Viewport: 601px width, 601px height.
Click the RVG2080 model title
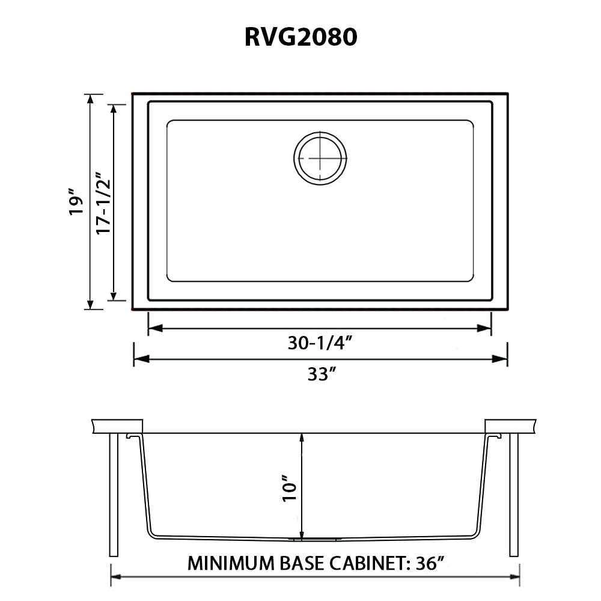pos(301,37)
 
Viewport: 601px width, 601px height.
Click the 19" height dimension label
pos(76,201)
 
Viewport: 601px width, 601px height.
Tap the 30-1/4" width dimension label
pos(320,343)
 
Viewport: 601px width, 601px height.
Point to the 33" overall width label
pos(322,374)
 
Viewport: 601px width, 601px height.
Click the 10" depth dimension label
pos(290,489)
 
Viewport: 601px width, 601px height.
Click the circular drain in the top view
pos(320,158)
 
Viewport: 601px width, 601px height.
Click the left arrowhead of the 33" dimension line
pos(141,359)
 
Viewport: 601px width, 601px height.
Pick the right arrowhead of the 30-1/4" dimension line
pos(484,328)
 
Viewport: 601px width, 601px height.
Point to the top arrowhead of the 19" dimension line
pos(90,99)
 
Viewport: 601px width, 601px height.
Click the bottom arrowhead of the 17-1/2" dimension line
pos(114,296)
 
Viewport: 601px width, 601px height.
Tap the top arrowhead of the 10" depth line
pos(302,438)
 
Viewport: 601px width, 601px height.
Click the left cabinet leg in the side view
pos(114,495)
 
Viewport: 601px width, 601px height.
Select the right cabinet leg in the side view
pos(514,495)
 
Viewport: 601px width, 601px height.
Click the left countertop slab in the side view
pos(117,427)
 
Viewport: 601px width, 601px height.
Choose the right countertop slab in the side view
pos(510,427)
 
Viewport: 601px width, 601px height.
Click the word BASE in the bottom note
pos(302,563)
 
